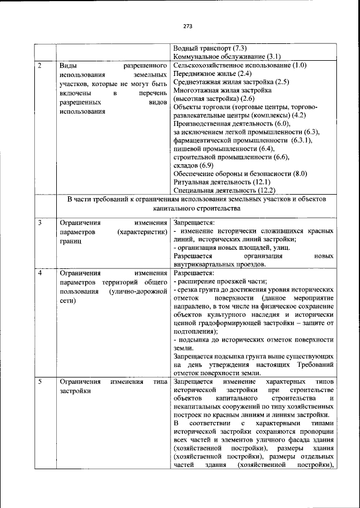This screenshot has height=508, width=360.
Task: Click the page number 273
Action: pyautogui.click(x=187, y=26)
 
